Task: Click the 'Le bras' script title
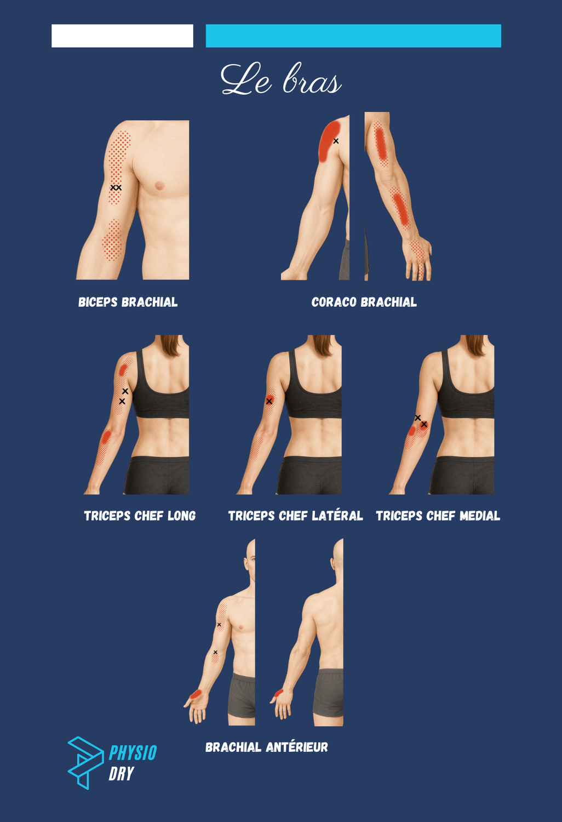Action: pyautogui.click(x=281, y=79)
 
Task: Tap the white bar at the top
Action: pyautogui.click(x=122, y=36)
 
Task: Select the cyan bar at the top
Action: pyautogui.click(x=353, y=36)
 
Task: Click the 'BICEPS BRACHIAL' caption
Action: pyautogui.click(x=128, y=302)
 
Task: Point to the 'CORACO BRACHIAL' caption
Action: pyautogui.click(x=364, y=302)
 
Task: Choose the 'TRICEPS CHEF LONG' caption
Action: pyautogui.click(x=140, y=516)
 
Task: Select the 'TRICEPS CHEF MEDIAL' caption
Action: pyautogui.click(x=438, y=516)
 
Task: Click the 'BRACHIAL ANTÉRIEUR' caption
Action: pyautogui.click(x=267, y=747)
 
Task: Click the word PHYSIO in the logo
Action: pyautogui.click(x=133, y=752)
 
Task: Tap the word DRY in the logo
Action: pyautogui.click(x=121, y=774)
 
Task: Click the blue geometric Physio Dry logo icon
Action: pyautogui.click(x=85, y=763)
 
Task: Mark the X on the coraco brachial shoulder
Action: pyautogui.click(x=336, y=141)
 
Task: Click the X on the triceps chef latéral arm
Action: pyautogui.click(x=269, y=401)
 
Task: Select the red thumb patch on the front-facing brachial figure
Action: pyautogui.click(x=196, y=694)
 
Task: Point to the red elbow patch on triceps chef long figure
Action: pyautogui.click(x=106, y=437)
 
